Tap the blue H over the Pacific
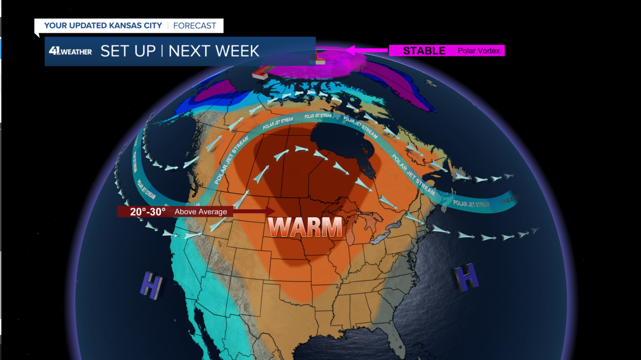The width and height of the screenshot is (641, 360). click(x=151, y=285)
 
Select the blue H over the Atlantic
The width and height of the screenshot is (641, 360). click(x=467, y=278)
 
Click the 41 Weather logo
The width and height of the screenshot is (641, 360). click(x=71, y=51)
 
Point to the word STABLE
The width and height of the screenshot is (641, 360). click(x=424, y=51)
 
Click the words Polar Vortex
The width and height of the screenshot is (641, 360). click(x=478, y=51)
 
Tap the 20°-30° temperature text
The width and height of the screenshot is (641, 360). click(x=148, y=212)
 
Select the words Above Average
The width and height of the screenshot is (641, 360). click(x=200, y=212)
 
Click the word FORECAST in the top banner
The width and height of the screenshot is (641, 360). click(x=195, y=26)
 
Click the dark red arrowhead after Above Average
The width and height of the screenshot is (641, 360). click(x=271, y=212)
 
